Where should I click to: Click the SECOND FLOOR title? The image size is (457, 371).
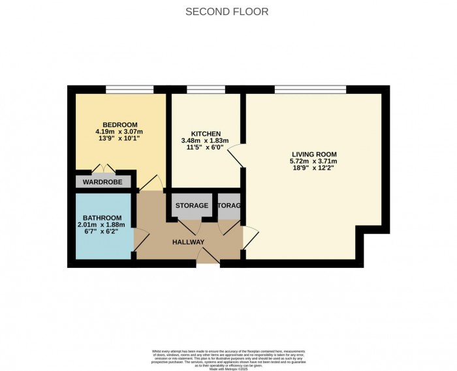(227, 12)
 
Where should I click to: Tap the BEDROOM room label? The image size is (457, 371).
(119, 125)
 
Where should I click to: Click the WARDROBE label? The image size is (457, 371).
(104, 181)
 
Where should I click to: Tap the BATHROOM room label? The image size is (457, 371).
(102, 218)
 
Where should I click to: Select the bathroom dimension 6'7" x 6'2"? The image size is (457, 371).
(102, 232)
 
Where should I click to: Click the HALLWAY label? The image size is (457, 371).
(188, 243)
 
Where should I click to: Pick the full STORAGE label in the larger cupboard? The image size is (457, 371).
(192, 206)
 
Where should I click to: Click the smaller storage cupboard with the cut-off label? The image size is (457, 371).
(228, 206)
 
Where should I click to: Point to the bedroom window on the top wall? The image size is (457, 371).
(129, 89)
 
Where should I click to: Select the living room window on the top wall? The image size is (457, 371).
(310, 89)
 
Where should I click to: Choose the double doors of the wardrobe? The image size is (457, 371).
(104, 169)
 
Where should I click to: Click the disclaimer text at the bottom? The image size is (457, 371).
(228, 357)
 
